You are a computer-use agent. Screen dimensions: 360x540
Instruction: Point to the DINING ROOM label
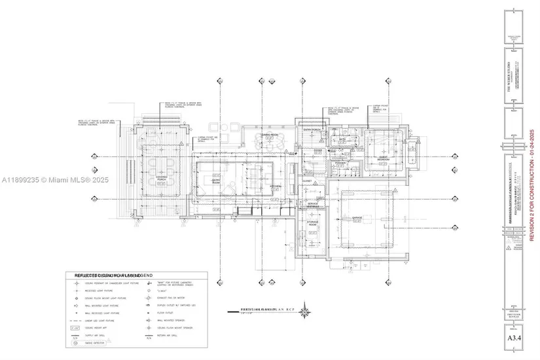(x=271, y=134)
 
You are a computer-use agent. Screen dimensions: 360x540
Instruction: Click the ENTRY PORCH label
(x=312, y=130)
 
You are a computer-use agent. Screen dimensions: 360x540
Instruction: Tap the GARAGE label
(x=357, y=217)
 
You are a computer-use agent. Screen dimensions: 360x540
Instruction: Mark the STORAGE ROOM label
(x=312, y=224)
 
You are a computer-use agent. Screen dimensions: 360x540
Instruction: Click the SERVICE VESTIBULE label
(x=312, y=206)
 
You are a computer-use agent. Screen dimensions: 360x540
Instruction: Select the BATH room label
(x=342, y=139)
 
